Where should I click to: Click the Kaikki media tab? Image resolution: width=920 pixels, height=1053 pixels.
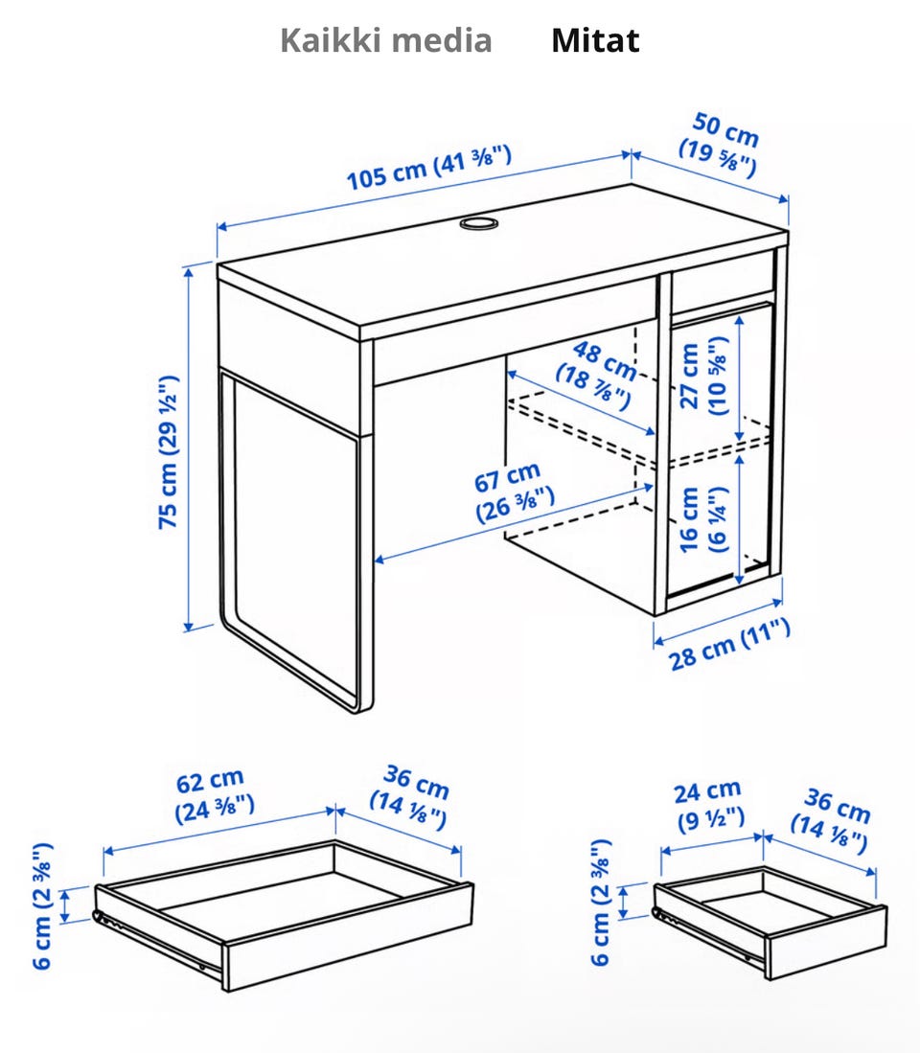click(385, 40)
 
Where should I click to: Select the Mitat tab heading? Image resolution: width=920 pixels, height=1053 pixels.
click(595, 40)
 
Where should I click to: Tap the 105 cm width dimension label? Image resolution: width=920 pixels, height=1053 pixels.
click(429, 168)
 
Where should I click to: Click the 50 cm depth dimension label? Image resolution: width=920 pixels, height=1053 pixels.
click(720, 146)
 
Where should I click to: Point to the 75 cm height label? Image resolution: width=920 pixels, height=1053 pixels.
click(168, 452)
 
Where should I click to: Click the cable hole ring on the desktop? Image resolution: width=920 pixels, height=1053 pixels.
click(479, 222)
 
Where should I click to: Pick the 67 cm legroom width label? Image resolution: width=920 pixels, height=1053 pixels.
click(514, 492)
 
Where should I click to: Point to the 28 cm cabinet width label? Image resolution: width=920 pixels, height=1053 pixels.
click(729, 645)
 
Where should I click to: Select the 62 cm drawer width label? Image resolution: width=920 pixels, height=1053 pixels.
click(215, 795)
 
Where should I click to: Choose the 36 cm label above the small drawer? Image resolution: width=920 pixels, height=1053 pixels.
click(832, 820)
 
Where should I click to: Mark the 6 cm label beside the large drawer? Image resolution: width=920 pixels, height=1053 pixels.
click(42, 906)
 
